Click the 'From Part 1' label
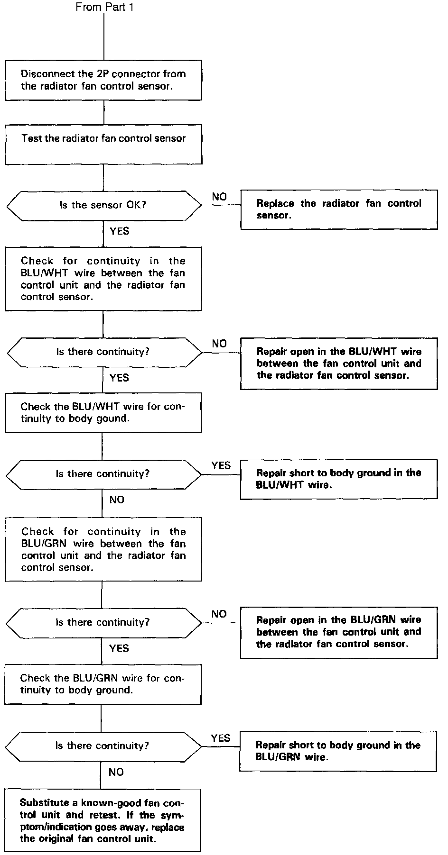click(x=104, y=8)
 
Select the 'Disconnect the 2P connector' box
click(x=103, y=80)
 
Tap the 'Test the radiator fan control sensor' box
click(x=103, y=144)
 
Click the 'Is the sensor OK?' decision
click(x=103, y=205)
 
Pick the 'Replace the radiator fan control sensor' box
click(x=339, y=209)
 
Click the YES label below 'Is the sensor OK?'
click(x=119, y=231)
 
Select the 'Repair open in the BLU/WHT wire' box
click(x=339, y=364)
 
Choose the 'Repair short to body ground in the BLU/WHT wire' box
click(x=339, y=479)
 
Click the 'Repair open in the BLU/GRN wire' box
click(x=339, y=632)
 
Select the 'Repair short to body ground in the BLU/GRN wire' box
click(x=338, y=751)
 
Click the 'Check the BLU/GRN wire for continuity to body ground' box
click(x=103, y=684)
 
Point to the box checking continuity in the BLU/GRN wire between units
click(x=103, y=549)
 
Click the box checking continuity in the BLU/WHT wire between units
click(x=103, y=279)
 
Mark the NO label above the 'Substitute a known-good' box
click(x=116, y=773)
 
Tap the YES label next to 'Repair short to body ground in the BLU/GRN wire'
click(x=221, y=738)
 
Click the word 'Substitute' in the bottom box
click(x=42, y=803)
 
